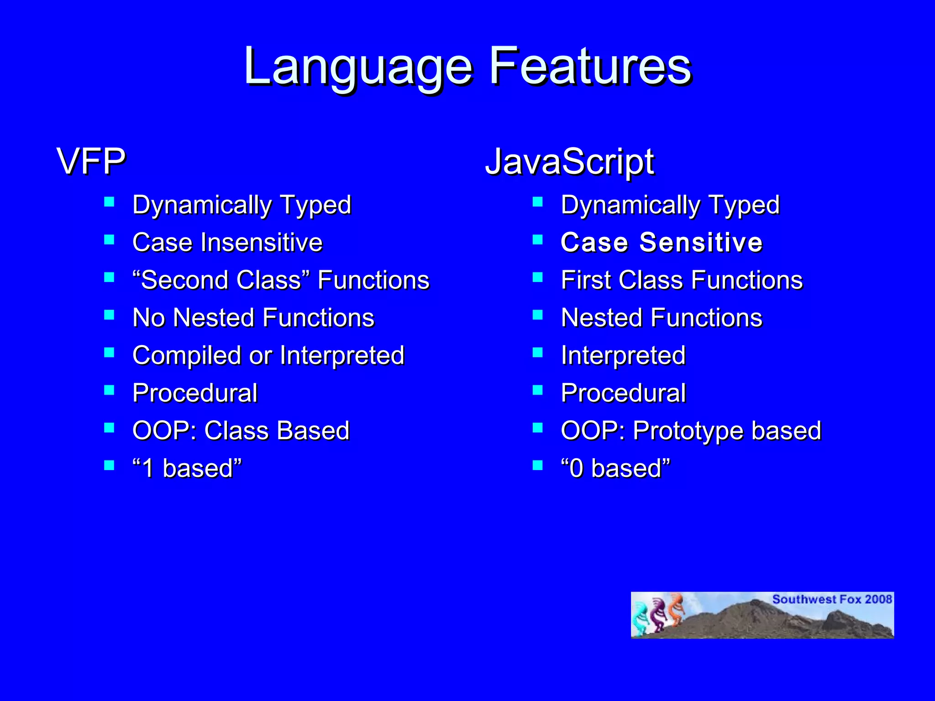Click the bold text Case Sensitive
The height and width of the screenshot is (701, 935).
(x=661, y=242)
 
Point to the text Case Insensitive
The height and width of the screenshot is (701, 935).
(x=227, y=242)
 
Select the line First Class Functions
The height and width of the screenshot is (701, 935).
(x=681, y=280)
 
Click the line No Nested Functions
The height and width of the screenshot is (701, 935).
(x=253, y=318)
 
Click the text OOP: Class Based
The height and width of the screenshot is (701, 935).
(x=241, y=430)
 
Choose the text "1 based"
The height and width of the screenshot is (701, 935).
(x=187, y=468)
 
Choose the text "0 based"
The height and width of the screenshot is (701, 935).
(x=615, y=468)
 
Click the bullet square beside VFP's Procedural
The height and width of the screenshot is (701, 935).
(x=109, y=390)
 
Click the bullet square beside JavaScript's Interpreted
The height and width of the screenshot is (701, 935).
(x=538, y=352)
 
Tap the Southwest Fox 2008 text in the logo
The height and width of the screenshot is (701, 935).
(x=831, y=599)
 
